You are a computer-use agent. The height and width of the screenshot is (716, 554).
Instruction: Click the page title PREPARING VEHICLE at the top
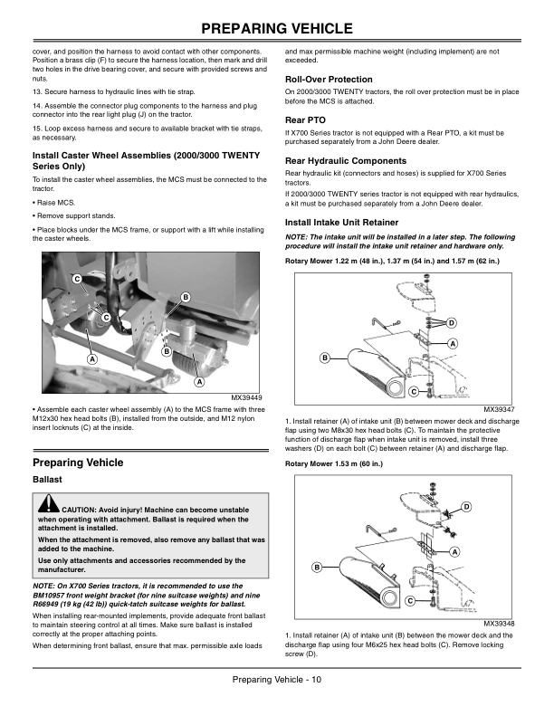tap(277, 24)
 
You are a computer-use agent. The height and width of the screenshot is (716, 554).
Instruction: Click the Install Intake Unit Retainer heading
tap(341, 221)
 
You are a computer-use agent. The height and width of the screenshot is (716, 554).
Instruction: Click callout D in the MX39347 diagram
tap(452, 323)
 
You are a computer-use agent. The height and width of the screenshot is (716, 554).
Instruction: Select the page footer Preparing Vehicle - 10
tap(276, 680)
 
